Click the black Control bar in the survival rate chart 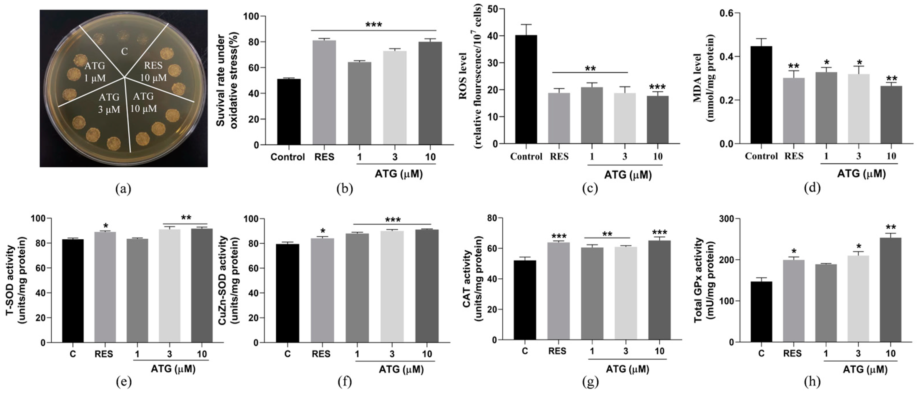[289, 112]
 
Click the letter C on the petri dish [124, 52]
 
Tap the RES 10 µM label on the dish [153, 71]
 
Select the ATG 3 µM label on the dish [109, 103]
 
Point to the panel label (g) [590, 382]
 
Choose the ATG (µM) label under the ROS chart [628, 175]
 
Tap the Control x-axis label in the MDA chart [761, 156]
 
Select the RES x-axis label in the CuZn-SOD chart [321, 354]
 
